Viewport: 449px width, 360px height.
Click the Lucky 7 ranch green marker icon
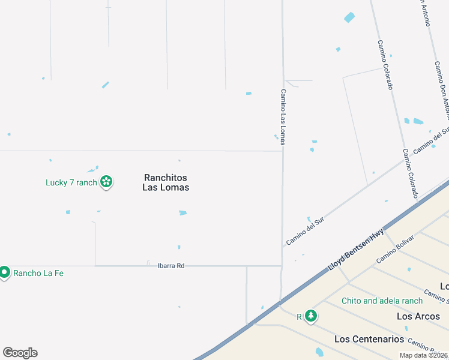(x=106, y=182)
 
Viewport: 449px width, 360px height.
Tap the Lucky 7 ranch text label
(x=71, y=182)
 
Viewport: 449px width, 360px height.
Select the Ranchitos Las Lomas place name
(x=166, y=182)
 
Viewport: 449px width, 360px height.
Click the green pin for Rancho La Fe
(x=4, y=272)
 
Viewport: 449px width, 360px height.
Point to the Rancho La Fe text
(x=38, y=273)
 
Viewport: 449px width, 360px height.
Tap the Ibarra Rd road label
(x=170, y=265)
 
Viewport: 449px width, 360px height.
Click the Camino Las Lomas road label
(x=282, y=117)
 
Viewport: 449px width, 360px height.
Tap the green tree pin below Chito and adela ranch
(x=310, y=316)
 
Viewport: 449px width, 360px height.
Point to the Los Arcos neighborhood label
(x=418, y=316)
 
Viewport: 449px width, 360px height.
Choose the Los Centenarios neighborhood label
(x=369, y=339)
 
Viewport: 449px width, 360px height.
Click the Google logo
(x=20, y=353)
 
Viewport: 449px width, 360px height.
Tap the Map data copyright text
(x=423, y=355)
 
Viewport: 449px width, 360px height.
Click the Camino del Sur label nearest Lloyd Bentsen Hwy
(x=305, y=231)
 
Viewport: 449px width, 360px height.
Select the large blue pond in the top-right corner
(x=349, y=17)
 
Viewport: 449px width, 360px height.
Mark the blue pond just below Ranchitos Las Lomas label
(x=182, y=212)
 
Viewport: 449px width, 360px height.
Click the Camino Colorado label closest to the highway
(x=410, y=173)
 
